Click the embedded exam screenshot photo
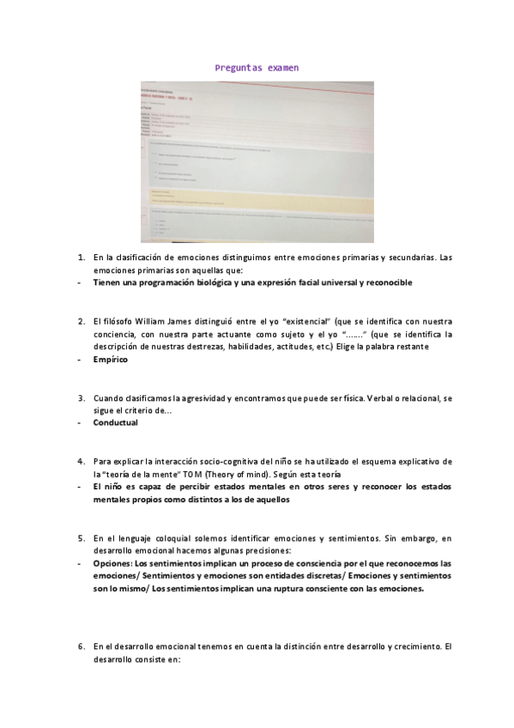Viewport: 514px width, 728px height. [257, 161]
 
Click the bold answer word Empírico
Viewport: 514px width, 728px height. [111, 360]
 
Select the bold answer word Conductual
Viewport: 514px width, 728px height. [115, 423]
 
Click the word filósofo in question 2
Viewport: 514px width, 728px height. [118, 321]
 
